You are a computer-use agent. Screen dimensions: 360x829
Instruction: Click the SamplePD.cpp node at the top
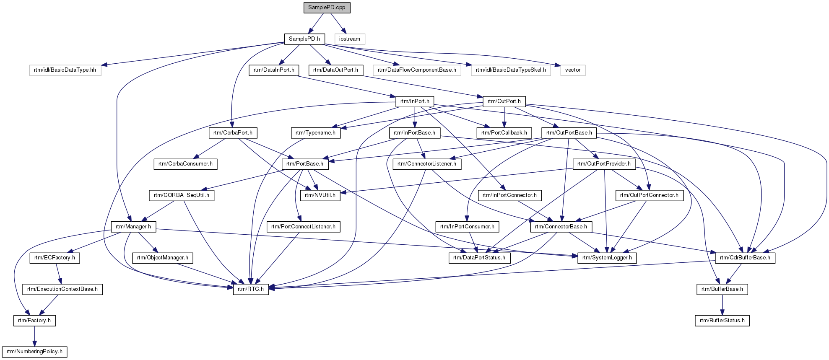pyautogui.click(x=327, y=8)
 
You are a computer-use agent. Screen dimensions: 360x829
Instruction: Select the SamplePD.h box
pyautogui.click(x=304, y=39)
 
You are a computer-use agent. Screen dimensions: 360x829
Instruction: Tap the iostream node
pyautogui.click(x=349, y=39)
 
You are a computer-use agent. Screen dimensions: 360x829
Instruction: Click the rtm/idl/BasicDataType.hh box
pyautogui.click(x=65, y=70)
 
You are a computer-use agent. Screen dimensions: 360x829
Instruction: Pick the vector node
pyautogui.click(x=572, y=70)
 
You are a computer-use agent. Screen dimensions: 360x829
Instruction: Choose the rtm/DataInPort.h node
pyautogui.click(x=274, y=70)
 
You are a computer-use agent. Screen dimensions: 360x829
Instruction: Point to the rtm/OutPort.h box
pyautogui.click(x=504, y=101)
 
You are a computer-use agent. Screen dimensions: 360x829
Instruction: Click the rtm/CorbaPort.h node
pyautogui.click(x=233, y=133)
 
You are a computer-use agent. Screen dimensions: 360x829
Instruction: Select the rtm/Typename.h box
pyautogui.click(x=315, y=133)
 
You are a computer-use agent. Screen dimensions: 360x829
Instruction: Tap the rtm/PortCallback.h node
pyautogui.click(x=504, y=133)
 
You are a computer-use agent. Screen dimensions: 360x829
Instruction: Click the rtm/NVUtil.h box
pyautogui.click(x=320, y=195)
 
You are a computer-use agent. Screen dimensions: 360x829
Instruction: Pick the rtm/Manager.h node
pyautogui.click(x=133, y=227)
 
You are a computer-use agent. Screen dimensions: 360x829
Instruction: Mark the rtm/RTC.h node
pyautogui.click(x=251, y=289)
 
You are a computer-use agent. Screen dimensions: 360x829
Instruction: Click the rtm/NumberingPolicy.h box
pyautogui.click(x=34, y=352)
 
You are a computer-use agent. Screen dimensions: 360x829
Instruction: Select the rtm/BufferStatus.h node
pyautogui.click(x=722, y=321)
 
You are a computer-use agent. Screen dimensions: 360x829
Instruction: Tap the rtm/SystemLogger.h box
pyautogui.click(x=607, y=258)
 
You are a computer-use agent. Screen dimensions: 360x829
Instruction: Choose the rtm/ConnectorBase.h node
pyautogui.click(x=561, y=227)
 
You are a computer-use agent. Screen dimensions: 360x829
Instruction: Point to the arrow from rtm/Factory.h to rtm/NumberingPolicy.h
pyautogui.click(x=34, y=336)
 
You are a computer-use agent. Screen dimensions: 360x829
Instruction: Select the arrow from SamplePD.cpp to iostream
pyautogui.click(x=337, y=23)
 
